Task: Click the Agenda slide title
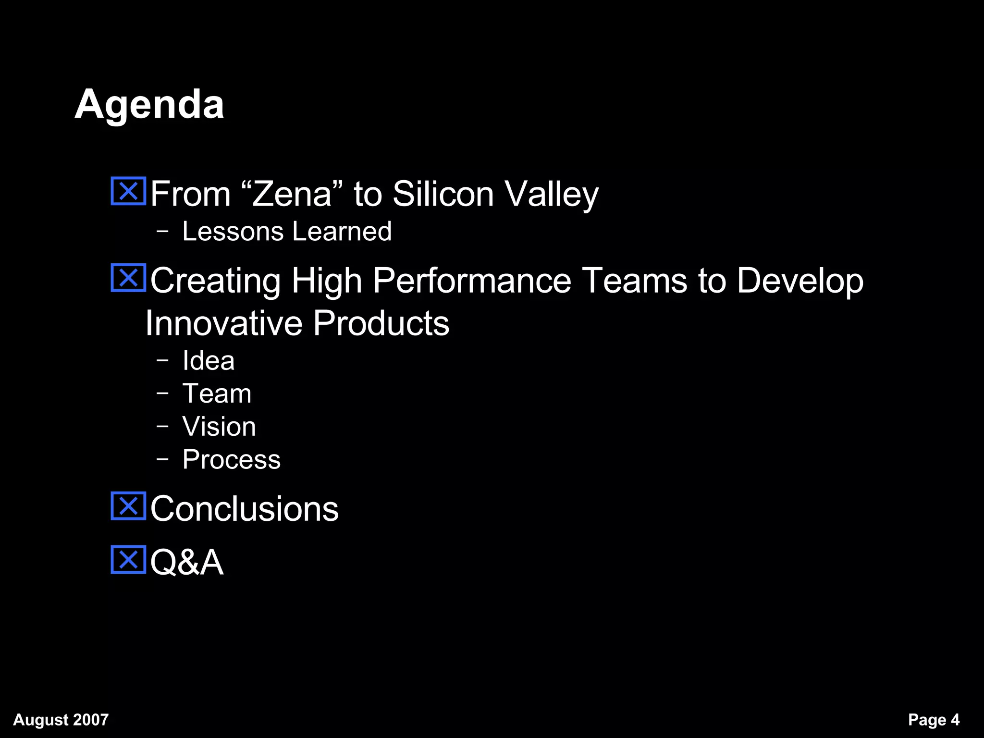coord(149,105)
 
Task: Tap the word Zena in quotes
coord(292,194)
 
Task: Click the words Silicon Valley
coord(495,194)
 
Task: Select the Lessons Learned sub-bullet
coord(287,231)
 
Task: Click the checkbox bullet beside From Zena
coord(128,191)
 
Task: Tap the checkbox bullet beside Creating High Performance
coord(128,278)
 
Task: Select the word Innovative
coord(223,323)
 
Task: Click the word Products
coord(381,323)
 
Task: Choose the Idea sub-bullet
coord(209,360)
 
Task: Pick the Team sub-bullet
coord(217,394)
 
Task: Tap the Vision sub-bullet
coord(219,426)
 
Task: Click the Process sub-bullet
coord(231,459)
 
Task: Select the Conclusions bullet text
coord(244,508)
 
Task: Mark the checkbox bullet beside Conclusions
coord(128,506)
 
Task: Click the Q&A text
coord(187,562)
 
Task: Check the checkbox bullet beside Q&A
coord(128,560)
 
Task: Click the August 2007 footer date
coord(61,720)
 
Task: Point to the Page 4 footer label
coord(934,720)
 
